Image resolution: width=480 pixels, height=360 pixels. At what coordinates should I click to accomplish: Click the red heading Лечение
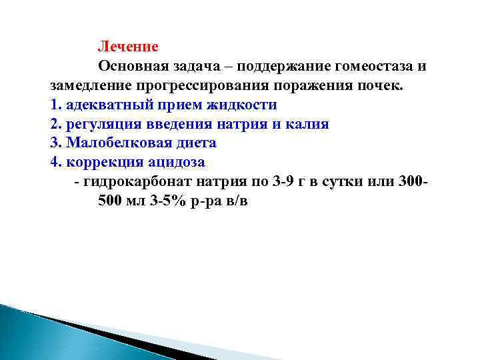point(128,47)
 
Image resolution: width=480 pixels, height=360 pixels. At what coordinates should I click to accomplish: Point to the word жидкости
point(243,105)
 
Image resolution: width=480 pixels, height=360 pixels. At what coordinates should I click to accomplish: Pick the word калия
point(308,125)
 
